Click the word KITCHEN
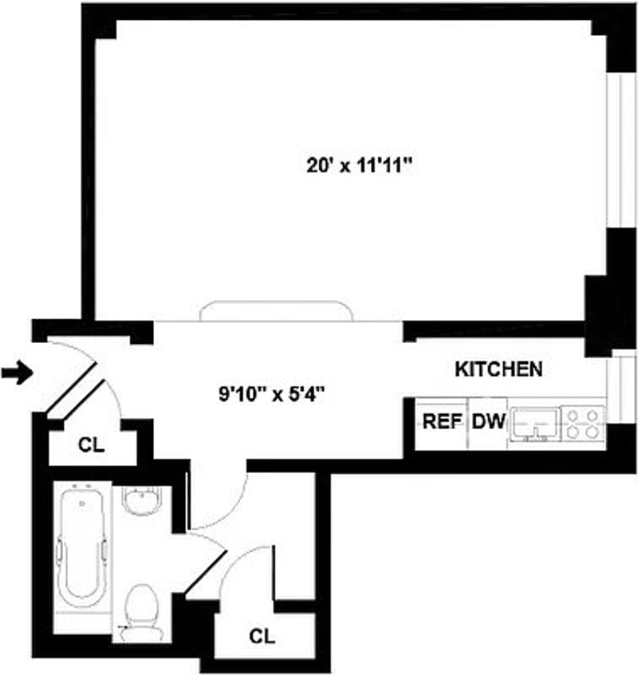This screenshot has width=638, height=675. [498, 369]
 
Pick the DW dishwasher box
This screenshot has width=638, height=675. [489, 421]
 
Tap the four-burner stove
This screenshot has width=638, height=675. [583, 422]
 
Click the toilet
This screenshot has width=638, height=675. [144, 610]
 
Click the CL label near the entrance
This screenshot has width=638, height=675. [92, 446]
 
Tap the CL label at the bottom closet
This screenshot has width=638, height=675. [262, 637]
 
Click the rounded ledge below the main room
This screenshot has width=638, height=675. [276, 310]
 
